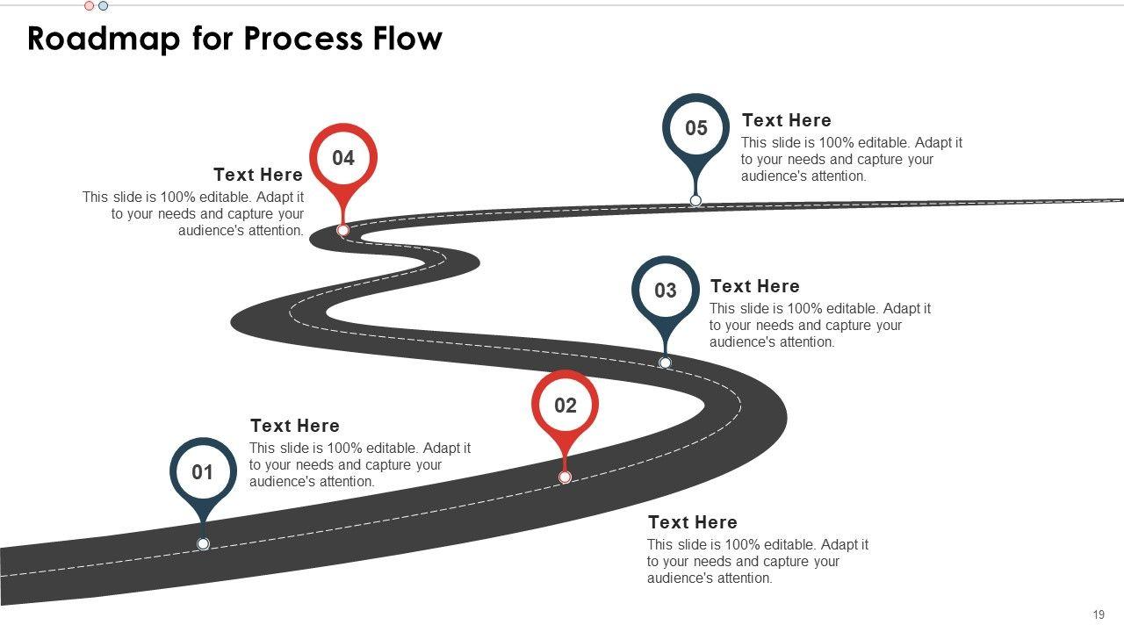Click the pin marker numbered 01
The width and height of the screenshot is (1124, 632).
click(x=203, y=472)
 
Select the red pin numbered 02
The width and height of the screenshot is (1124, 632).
click(x=566, y=405)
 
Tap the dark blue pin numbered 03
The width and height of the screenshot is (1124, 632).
click(x=666, y=290)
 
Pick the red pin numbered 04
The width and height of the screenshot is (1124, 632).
click(x=343, y=158)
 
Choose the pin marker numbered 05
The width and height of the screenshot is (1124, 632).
click(x=695, y=128)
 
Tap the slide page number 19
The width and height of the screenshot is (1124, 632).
click(x=1099, y=614)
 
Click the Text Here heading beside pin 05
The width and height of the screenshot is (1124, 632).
click(x=786, y=120)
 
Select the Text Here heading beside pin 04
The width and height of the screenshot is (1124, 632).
click(x=258, y=175)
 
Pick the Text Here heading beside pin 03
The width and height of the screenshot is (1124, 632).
click(x=754, y=286)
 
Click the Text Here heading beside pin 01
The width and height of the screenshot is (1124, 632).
click(x=294, y=426)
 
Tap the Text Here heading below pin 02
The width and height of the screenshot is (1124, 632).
click(x=692, y=522)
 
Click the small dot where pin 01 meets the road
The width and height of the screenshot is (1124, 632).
click(x=203, y=544)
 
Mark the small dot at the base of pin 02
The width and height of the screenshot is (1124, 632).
click(x=565, y=477)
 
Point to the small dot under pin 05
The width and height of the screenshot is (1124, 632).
click(x=695, y=200)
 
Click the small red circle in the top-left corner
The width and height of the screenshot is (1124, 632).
click(x=89, y=5)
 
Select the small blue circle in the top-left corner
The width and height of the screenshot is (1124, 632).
click(x=103, y=5)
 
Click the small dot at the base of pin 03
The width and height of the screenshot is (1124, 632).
click(x=665, y=363)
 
